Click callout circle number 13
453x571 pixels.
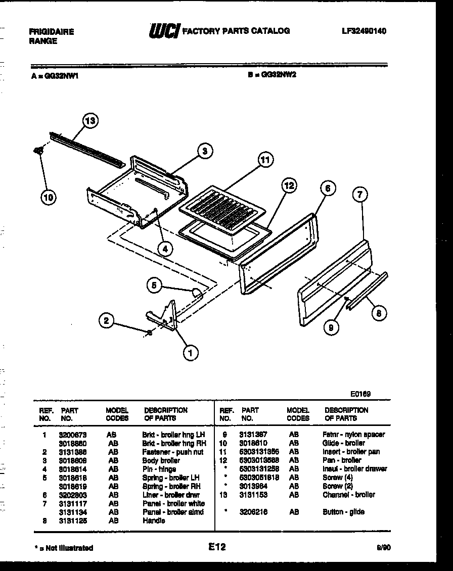point(90,121)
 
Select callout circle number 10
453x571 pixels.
point(48,198)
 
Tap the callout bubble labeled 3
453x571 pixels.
point(204,151)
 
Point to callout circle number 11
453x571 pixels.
point(264,160)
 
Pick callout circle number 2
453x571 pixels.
point(106,319)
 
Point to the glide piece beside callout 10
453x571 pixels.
point(37,150)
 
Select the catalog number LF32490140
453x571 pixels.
point(364,31)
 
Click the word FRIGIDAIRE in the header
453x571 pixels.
point(52,32)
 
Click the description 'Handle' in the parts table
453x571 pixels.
point(154,520)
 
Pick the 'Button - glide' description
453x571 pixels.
point(343,512)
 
